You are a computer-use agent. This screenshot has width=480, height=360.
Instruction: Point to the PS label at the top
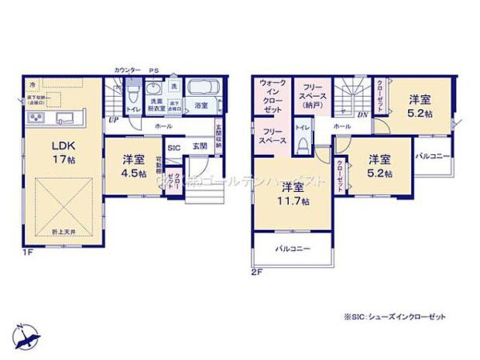[154, 70]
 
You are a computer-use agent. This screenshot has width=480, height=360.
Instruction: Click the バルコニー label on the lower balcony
[291, 249]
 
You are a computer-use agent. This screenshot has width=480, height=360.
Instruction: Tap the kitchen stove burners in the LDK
[37, 118]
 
